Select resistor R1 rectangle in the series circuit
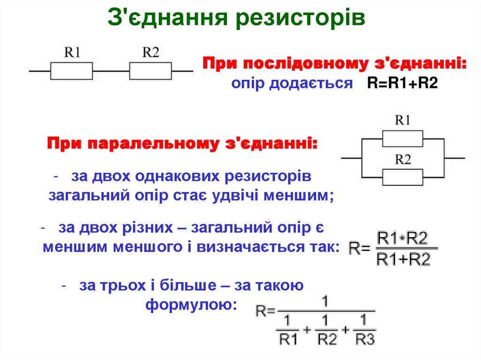click(x=71, y=71)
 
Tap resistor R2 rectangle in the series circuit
click(x=150, y=71)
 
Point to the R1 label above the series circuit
click(x=72, y=52)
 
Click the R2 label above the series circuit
click(x=150, y=52)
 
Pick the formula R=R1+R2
click(x=403, y=84)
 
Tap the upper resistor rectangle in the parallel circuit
click(x=403, y=139)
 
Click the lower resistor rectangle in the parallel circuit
click(x=403, y=177)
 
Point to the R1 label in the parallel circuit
click(x=403, y=121)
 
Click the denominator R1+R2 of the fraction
click(x=403, y=259)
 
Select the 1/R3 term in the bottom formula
click(x=365, y=331)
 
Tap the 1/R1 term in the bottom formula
click(x=288, y=331)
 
